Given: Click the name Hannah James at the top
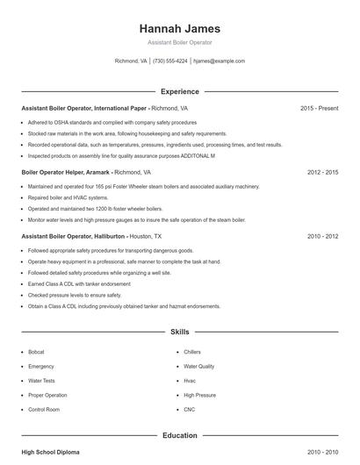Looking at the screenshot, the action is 179,28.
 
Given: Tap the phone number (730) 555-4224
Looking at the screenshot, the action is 170,61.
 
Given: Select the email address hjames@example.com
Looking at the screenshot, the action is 219,61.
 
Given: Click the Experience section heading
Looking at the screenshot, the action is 179,91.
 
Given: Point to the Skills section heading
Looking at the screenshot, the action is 179,333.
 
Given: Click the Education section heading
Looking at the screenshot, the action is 179,435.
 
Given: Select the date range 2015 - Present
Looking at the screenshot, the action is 319,108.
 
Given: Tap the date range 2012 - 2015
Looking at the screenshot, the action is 322,173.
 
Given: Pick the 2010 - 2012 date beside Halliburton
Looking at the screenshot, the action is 322,237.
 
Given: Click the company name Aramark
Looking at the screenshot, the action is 98,173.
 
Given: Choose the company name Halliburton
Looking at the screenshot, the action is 105,237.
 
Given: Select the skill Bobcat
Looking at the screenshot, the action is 36,351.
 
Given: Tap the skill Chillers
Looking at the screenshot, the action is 192,351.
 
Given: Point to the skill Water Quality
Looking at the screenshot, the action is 198,366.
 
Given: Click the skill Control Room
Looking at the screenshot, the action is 44,410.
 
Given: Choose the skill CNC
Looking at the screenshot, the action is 189,410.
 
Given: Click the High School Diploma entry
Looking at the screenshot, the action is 50,452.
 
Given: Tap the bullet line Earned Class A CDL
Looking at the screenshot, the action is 67,284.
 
